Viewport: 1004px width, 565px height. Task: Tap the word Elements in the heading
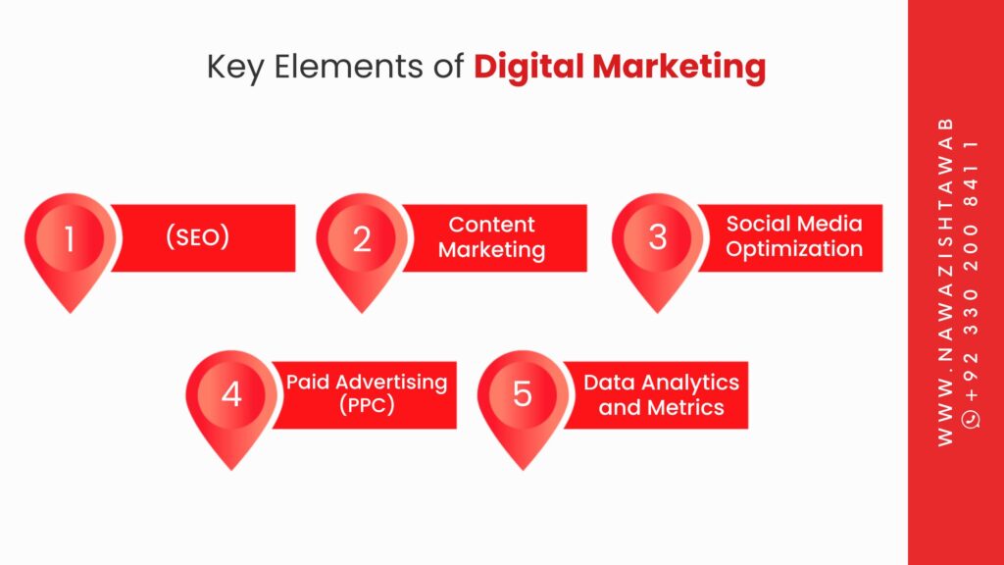point(348,66)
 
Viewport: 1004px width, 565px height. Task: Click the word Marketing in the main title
point(679,68)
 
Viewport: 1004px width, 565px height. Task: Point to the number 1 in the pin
point(70,238)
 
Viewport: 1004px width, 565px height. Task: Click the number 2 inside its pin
point(362,239)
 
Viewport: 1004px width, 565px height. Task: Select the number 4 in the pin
point(231,394)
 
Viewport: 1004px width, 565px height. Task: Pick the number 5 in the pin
point(523,394)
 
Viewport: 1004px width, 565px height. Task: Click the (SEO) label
point(198,237)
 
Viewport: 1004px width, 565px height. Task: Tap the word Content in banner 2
point(491,225)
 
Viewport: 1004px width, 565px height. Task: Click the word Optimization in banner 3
point(794,249)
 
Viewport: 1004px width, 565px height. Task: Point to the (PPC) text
point(367,405)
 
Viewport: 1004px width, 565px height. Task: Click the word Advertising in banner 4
point(391,383)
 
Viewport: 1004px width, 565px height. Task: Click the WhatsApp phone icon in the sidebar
point(972,419)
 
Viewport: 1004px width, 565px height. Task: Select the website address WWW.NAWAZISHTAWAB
point(946,282)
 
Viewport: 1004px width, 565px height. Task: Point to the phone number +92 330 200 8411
point(972,273)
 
